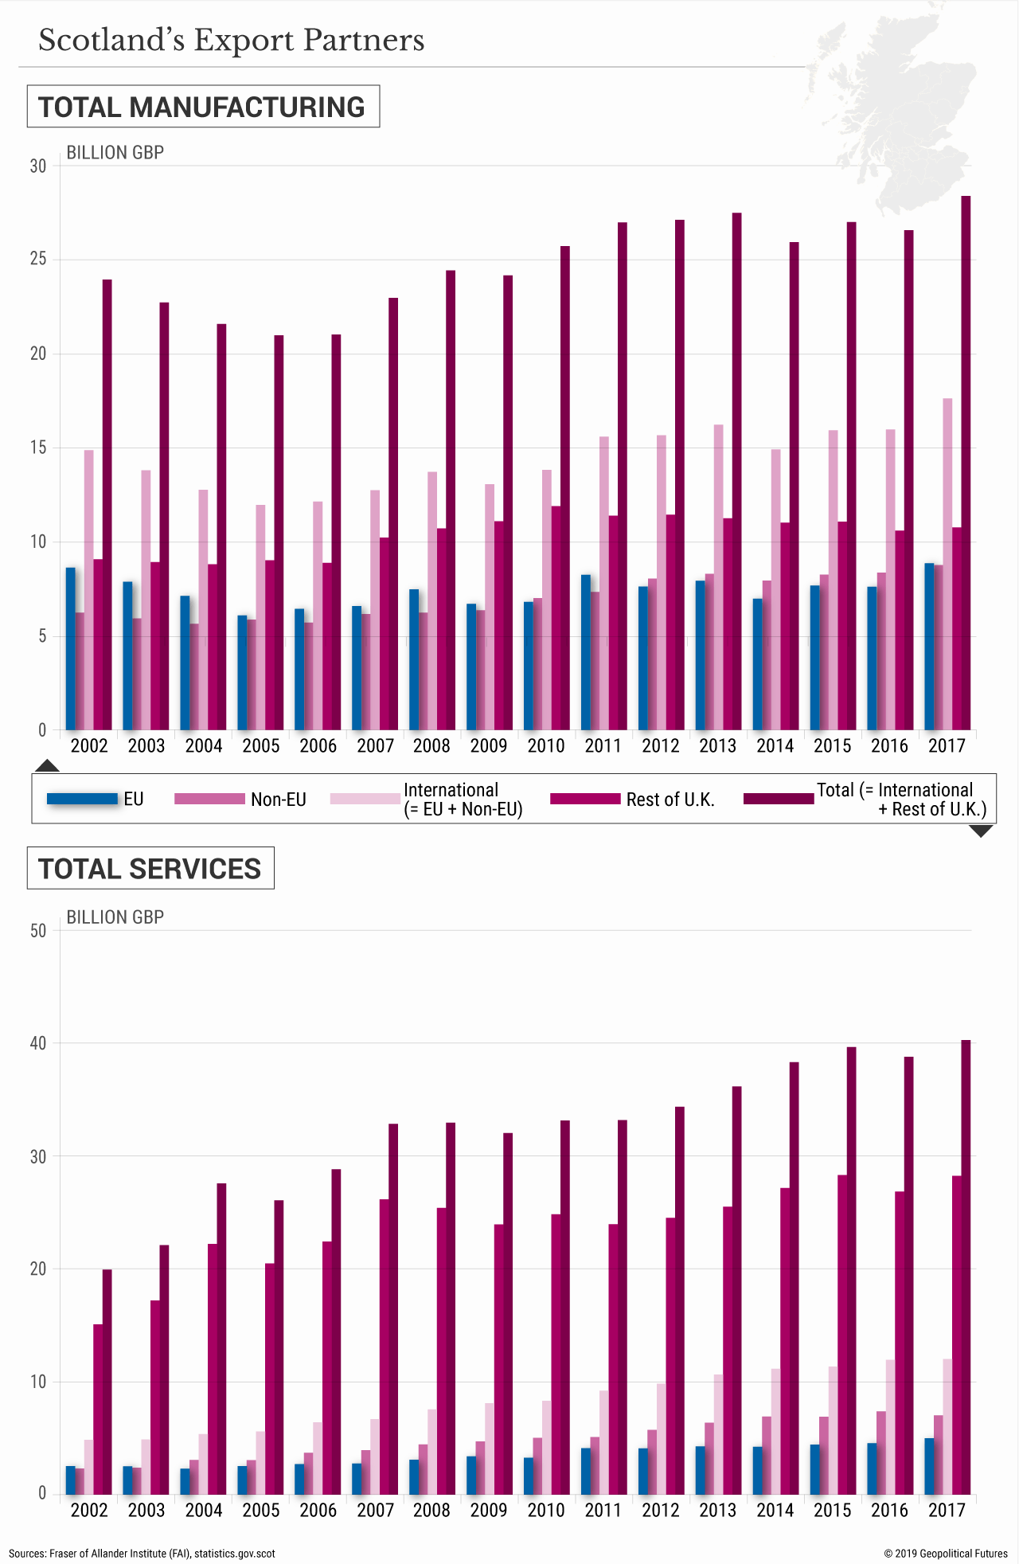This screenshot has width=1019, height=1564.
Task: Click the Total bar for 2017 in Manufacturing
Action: (x=966, y=462)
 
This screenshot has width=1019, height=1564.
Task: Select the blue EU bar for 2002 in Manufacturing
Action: (x=70, y=649)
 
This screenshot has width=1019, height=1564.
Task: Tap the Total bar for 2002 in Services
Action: (x=107, y=1382)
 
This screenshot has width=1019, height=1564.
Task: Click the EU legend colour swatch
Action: (x=82, y=799)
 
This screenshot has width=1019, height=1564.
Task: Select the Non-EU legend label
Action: (x=278, y=800)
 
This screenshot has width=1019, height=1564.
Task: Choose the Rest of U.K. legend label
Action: (x=670, y=800)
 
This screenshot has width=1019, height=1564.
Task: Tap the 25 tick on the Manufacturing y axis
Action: (x=38, y=260)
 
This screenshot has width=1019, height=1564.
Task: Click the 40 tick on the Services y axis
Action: (x=38, y=1043)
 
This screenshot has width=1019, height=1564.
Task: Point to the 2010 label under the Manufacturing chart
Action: (x=545, y=746)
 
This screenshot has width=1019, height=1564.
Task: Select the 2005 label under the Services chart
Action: (x=261, y=1511)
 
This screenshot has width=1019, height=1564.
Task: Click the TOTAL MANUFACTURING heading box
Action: (x=203, y=107)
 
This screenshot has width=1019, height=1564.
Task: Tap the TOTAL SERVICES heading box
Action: (x=150, y=869)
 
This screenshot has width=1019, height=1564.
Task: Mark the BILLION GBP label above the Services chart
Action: (x=115, y=917)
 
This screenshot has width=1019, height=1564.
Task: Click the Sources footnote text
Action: (x=142, y=1554)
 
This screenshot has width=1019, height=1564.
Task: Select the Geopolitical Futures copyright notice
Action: (x=946, y=1554)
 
